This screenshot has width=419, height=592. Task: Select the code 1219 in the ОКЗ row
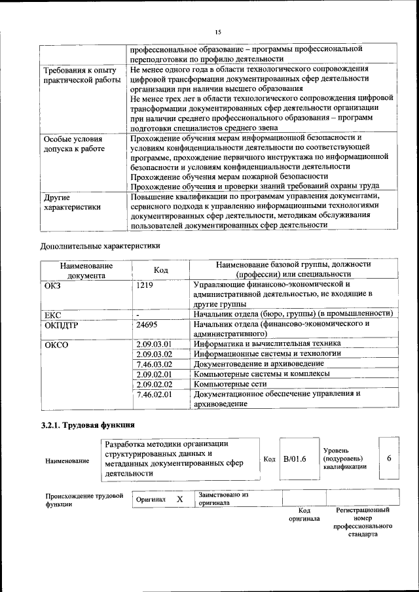(147, 285)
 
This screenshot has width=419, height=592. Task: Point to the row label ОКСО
(56, 344)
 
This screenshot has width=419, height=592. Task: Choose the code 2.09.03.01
(153, 343)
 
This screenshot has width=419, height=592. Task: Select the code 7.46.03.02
(153, 364)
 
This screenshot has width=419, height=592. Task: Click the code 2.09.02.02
(153, 384)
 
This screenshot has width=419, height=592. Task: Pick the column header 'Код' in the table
(160, 270)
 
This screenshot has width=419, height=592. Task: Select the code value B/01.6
(295, 459)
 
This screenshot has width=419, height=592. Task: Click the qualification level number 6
(389, 459)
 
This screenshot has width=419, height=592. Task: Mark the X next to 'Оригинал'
(179, 499)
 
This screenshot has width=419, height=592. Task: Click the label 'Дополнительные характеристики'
(100, 246)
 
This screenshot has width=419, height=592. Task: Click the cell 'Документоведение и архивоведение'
(260, 364)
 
